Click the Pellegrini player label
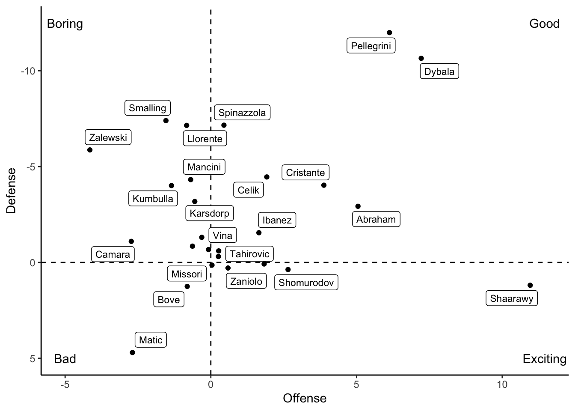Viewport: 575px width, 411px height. [x=371, y=46]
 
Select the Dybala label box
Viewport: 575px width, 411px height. [x=439, y=71]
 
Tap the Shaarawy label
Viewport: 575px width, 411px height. [x=512, y=298]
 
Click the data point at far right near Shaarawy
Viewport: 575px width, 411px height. [x=530, y=285]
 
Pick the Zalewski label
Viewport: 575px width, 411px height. [x=108, y=138]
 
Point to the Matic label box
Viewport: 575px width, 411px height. [x=151, y=340]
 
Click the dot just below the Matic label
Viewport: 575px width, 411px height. [x=132, y=352]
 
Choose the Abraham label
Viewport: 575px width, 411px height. [x=376, y=219]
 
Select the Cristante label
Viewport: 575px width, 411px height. [x=305, y=173]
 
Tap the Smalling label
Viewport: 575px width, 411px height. [x=148, y=108]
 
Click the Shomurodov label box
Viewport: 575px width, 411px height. [x=306, y=283]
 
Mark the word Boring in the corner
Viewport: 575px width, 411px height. [x=65, y=24]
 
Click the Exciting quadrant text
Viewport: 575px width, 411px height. [x=544, y=359]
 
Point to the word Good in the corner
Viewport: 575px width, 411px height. [x=544, y=24]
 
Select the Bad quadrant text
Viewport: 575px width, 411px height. [x=65, y=359]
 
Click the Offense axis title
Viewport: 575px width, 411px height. [x=305, y=399]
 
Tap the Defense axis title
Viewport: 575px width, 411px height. [x=12, y=191]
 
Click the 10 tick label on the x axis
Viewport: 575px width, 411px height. [x=502, y=384]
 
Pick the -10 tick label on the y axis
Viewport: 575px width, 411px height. [x=28, y=71]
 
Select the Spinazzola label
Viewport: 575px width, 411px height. [x=242, y=113]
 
